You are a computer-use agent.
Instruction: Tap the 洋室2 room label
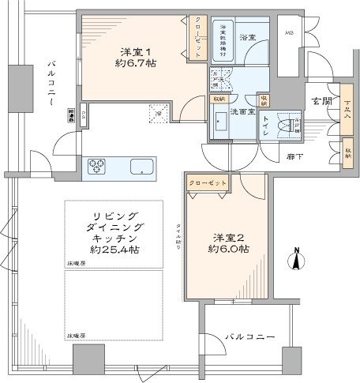(x=226, y=238)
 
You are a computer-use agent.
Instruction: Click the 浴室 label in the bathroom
(x=248, y=38)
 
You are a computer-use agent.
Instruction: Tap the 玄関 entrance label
(x=321, y=101)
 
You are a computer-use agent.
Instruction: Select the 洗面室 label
(x=242, y=112)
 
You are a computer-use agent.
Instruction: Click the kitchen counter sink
(x=143, y=167)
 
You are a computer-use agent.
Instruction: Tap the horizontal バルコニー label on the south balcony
(x=249, y=337)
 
